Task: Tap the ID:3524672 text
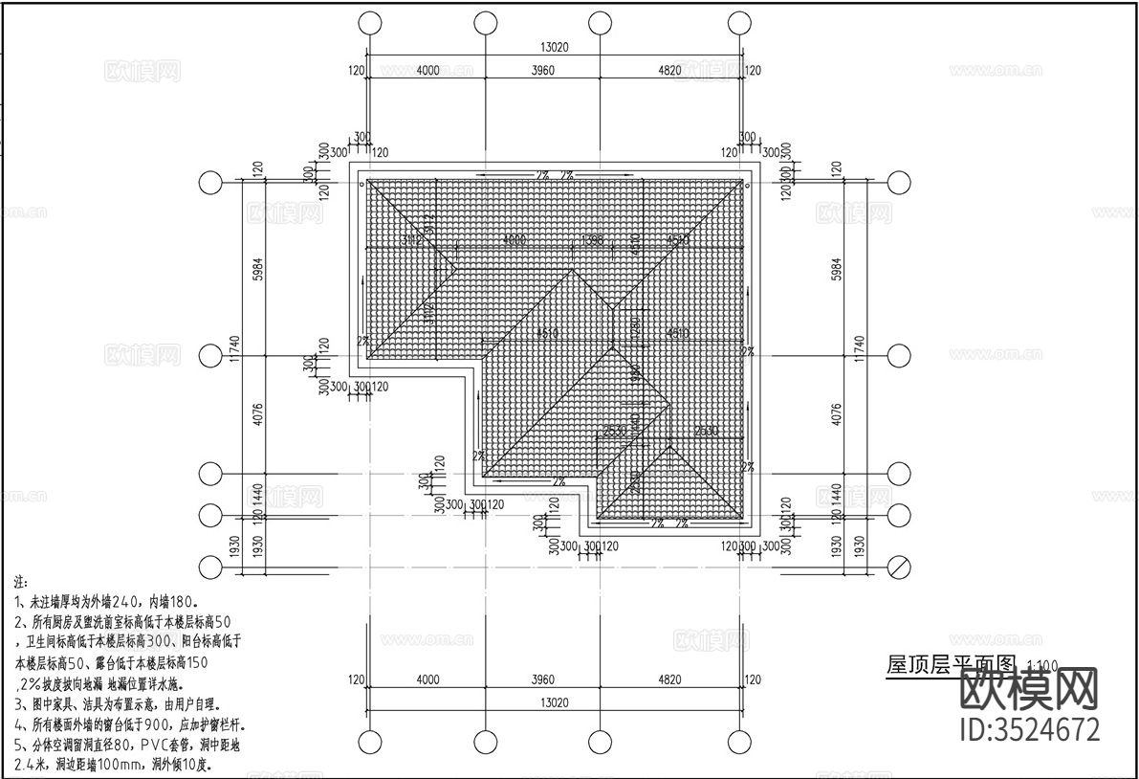pos(1028,729)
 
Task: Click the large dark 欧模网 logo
pos(1028,689)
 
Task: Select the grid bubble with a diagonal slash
pos(899,567)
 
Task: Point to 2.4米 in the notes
pos(34,765)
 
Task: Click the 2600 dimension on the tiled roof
pos(706,432)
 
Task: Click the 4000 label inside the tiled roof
pos(515,240)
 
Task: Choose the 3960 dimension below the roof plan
pos(541,679)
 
